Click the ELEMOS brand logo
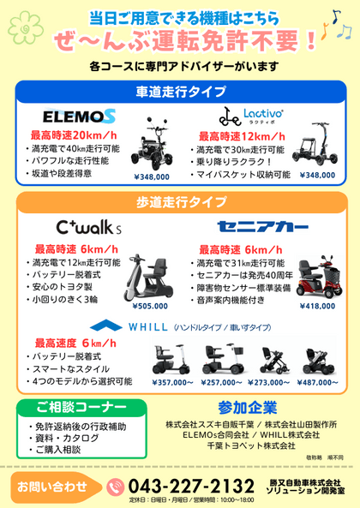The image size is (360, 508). click(x=79, y=114)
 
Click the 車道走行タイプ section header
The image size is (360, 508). click(x=181, y=91)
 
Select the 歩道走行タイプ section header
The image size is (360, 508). click(x=181, y=202)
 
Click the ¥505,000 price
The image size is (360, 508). click(x=151, y=305)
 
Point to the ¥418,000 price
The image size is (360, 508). click(x=317, y=305)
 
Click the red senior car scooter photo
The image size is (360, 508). click(x=316, y=274)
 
